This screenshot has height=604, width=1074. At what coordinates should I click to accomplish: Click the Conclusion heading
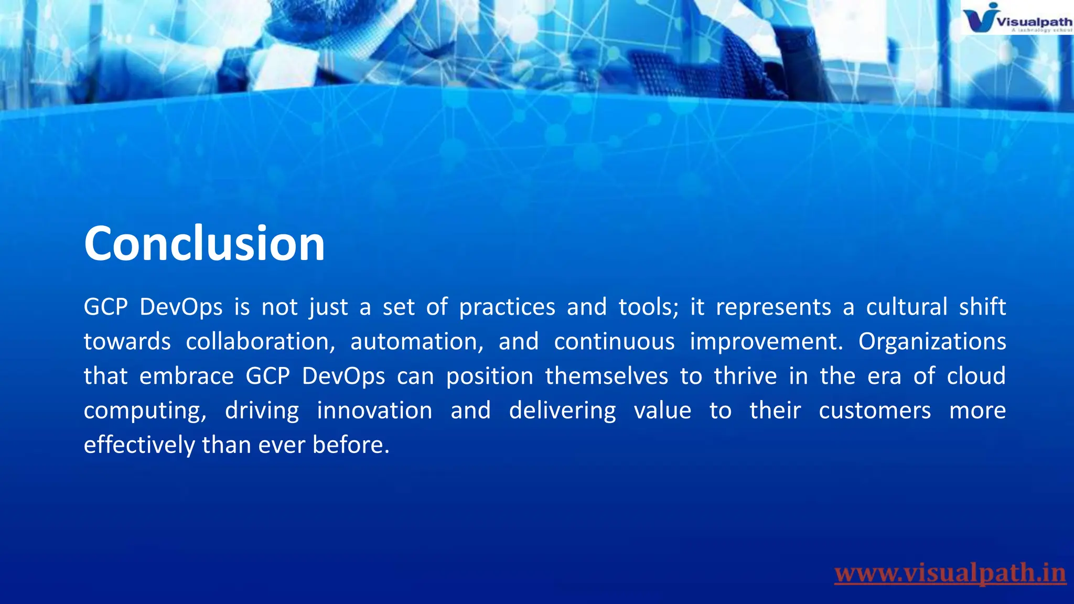pos(205,244)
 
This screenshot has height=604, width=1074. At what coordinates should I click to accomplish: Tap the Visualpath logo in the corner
pos(1016,19)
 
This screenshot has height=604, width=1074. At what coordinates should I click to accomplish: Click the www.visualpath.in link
pos(950,573)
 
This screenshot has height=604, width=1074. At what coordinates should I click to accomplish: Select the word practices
pos(507,307)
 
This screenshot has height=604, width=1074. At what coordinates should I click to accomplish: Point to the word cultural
pos(906,307)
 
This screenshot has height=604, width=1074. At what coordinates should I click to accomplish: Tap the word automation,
pos(417,342)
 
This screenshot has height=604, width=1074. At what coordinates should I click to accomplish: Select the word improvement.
pos(766,342)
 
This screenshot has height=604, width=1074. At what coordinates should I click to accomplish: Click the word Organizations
pos(932,342)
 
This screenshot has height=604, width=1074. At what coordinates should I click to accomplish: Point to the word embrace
pos(186,376)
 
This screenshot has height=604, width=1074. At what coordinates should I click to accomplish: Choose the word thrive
pos(745,376)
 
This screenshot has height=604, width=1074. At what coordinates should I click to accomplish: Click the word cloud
pos(976,376)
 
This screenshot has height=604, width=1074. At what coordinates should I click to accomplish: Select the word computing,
pos(145,411)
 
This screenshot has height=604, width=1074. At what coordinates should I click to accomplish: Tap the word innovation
pos(374,411)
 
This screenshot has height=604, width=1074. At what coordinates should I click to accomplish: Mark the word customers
pos(875,411)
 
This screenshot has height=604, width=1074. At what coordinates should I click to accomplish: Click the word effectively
pos(139,446)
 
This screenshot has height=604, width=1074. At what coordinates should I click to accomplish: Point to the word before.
pos(351,446)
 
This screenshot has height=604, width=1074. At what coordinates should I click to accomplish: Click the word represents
pos(774,307)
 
